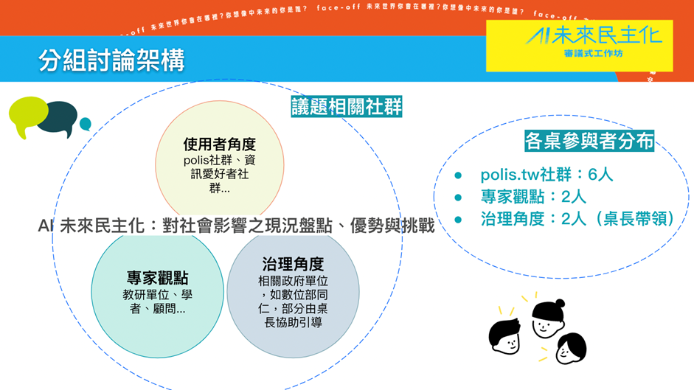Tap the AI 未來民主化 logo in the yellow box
594,35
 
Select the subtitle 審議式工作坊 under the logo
594,54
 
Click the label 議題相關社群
347,107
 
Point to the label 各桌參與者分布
589,142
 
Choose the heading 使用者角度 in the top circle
219,144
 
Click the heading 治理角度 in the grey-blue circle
293,264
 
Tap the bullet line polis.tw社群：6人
546,175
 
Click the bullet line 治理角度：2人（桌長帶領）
577,218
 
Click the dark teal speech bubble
58,119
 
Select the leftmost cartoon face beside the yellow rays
505,336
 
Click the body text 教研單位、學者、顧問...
157,302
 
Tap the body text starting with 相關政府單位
293,302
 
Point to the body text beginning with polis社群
219,174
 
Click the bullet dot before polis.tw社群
458,175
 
